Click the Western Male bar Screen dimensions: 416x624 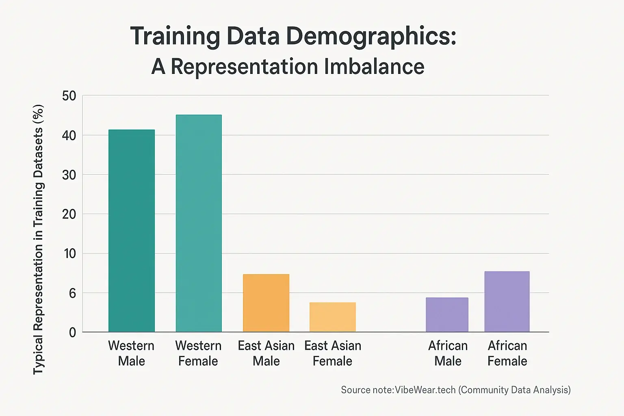tap(131, 231)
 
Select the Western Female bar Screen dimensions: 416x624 tap(199, 223)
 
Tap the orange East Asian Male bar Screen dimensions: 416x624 tap(266, 303)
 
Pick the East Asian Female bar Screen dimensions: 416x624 tap(332, 317)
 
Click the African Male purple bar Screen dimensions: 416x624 tap(447, 315)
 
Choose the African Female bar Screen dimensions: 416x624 tap(507, 301)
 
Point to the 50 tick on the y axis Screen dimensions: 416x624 tap(69, 96)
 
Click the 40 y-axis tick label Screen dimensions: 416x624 tap(69, 135)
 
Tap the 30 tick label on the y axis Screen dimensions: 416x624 tap(69, 175)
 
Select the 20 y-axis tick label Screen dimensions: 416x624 tap(69, 214)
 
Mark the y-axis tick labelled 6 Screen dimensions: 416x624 tap(72, 293)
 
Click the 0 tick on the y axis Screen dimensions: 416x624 tap(72, 333)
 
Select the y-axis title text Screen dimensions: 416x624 tap(38, 240)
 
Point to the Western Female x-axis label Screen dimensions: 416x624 tap(198, 353)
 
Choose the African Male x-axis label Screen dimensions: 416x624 tap(448, 353)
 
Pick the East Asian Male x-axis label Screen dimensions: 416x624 tap(266, 353)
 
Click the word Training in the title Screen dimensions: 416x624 tap(175, 37)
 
